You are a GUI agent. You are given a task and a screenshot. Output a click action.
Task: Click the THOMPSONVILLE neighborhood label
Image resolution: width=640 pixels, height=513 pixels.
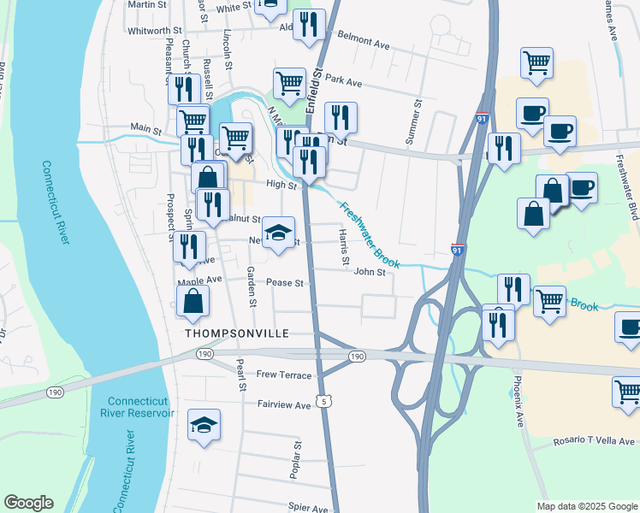[x=233, y=333]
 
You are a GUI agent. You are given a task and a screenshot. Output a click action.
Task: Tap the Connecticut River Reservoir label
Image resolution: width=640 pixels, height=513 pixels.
[x=141, y=408]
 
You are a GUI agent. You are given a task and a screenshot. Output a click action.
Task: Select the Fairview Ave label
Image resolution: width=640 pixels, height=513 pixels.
[x=284, y=405]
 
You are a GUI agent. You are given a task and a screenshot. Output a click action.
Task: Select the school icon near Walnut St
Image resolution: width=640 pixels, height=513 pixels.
[x=278, y=233]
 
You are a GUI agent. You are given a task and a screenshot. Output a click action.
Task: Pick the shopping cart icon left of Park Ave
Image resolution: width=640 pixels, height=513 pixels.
[x=289, y=83]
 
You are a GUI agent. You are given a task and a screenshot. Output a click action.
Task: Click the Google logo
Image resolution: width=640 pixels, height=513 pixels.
[x=28, y=503]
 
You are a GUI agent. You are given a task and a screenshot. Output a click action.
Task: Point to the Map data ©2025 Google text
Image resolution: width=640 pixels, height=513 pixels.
[x=585, y=506]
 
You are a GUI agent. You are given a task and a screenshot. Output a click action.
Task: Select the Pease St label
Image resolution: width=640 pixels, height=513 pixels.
[x=287, y=283]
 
